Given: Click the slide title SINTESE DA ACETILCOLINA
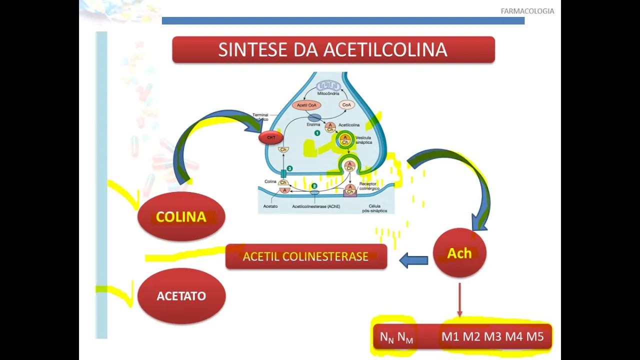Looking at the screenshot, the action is pos(333,49).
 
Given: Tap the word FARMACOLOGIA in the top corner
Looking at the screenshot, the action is pos(527,11).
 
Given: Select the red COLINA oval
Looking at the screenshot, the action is pos(181,216).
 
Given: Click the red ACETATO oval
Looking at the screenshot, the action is pos(181,295).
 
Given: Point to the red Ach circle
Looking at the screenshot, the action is pos(459,253).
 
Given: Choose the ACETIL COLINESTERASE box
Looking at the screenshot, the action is pos(305,256).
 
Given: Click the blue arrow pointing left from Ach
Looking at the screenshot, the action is pos(413,260).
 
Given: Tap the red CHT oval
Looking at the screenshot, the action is pos(271,137).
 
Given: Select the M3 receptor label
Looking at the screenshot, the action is pos(492,336).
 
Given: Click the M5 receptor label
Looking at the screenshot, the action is pos(534,336).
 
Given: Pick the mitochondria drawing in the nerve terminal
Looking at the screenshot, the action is pos(328,86).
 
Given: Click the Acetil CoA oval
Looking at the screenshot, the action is pos(306,105).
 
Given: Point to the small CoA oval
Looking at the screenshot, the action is pos(346,105).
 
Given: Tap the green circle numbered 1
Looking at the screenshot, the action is pos(317,133).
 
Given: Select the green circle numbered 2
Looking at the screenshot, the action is pos(314,186).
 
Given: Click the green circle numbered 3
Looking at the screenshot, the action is pos(289,168).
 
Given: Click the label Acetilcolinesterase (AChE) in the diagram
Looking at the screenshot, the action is pos(316,206).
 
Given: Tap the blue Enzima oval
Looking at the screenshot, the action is pos(314,118).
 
